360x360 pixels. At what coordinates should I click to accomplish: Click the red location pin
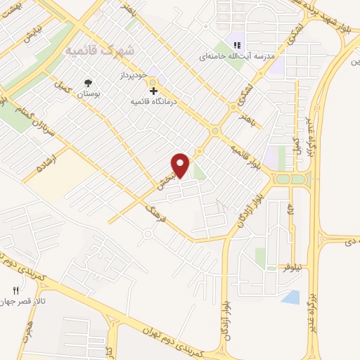(181, 165)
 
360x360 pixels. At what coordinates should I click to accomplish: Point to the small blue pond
(290, 297)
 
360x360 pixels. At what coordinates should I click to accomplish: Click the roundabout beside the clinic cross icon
(153, 83)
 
